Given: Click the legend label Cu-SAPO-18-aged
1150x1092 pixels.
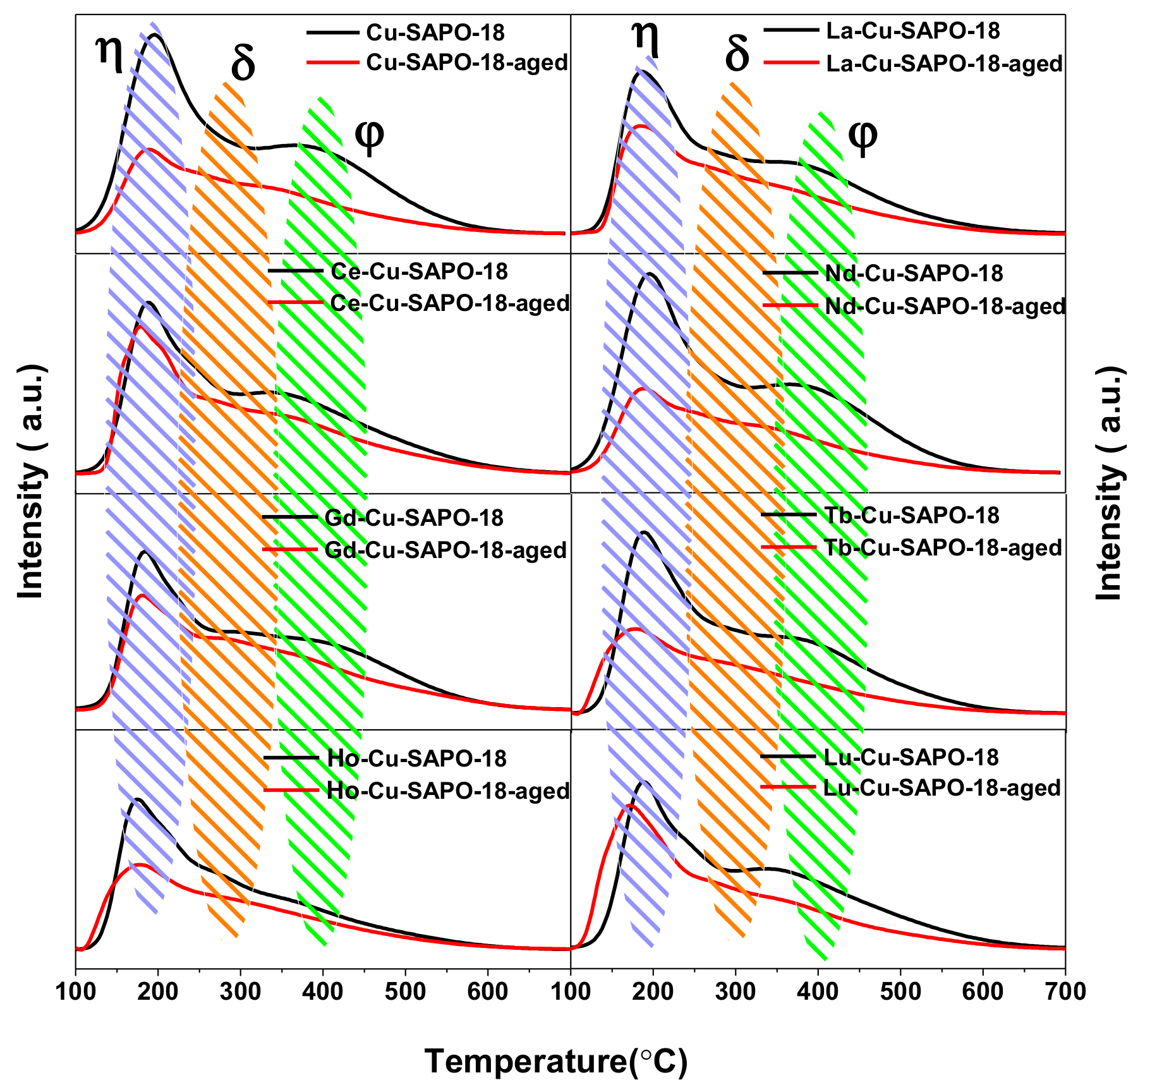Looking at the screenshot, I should point(466,63).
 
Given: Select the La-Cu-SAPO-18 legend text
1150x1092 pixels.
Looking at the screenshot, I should point(913,31).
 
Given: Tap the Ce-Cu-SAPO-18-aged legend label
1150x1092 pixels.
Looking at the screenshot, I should point(450,304).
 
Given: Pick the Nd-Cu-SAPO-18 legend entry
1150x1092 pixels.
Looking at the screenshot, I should point(914,274).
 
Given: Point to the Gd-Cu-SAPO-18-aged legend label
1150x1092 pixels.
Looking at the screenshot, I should point(445,550).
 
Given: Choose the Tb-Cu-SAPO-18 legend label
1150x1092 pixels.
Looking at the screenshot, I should point(912,516).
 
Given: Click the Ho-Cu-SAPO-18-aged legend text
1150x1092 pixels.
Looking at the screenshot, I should point(448,791).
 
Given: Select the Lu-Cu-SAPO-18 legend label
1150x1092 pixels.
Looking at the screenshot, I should point(911,757).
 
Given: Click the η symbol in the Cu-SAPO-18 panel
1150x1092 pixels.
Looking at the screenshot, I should point(109,52).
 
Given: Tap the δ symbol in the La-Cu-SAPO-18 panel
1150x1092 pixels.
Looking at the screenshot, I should point(737,54).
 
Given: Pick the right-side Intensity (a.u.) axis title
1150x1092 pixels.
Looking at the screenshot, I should point(1110,483).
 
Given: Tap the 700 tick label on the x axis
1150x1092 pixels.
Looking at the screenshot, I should point(1065,992).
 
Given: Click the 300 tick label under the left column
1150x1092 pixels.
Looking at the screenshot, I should point(240,992).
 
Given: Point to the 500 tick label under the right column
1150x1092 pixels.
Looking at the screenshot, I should point(900,992).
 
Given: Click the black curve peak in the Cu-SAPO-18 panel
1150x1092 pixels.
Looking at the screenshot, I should point(154,35).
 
